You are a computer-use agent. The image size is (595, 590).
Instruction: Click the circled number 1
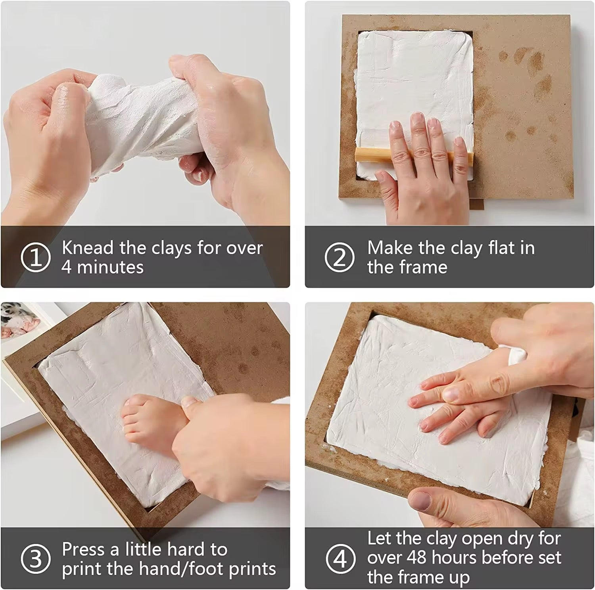click(36, 258)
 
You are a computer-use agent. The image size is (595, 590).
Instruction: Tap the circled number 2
click(340, 258)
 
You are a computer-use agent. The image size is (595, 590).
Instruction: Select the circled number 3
click(36, 559)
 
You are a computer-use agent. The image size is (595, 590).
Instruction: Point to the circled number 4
click(341, 559)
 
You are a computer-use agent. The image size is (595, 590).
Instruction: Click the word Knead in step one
click(88, 248)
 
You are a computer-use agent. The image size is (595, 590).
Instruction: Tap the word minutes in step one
click(110, 267)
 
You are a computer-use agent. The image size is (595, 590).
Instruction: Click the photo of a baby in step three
click(16, 321)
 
